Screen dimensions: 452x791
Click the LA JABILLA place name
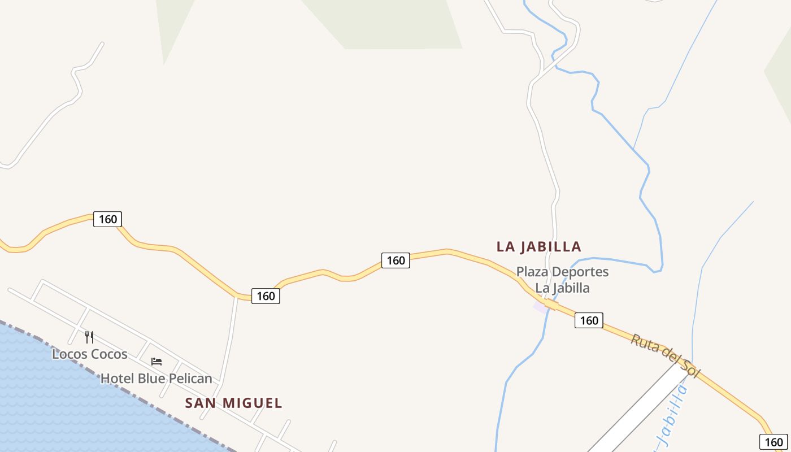point(538,247)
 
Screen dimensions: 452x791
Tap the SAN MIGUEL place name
point(233,403)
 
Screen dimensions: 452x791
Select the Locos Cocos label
point(89,354)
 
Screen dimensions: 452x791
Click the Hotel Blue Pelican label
point(156,379)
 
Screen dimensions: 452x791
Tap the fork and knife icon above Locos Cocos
point(89,337)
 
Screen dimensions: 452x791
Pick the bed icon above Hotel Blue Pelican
point(157,362)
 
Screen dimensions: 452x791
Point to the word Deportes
point(581,272)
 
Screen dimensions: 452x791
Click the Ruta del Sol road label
point(665,355)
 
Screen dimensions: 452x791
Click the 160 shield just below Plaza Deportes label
point(589,320)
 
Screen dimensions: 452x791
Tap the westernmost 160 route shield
point(107,219)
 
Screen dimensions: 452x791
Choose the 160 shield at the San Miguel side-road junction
point(266,296)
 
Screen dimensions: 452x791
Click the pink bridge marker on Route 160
point(541,307)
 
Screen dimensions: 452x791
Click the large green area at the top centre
point(390,23)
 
